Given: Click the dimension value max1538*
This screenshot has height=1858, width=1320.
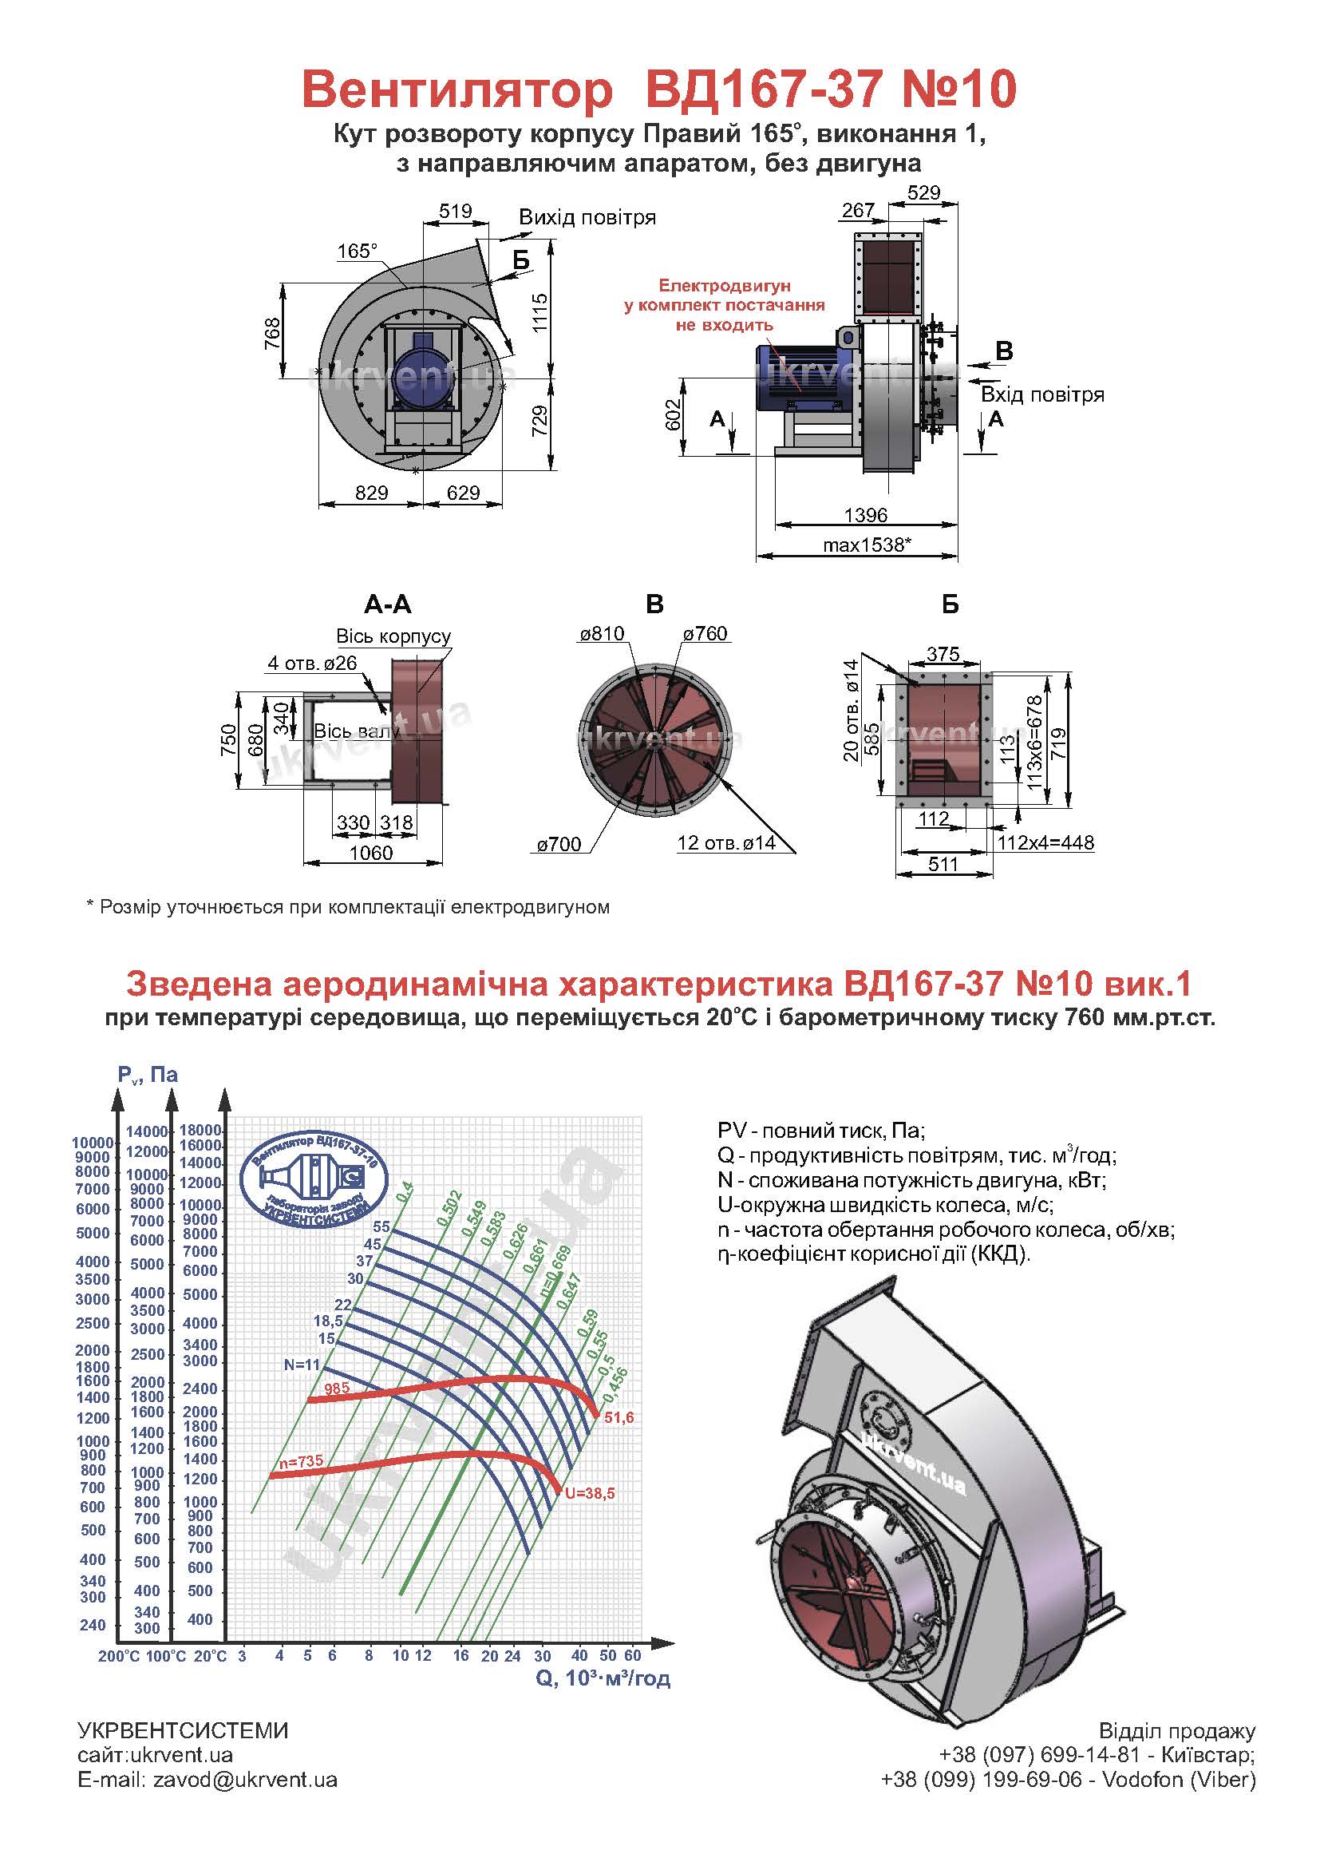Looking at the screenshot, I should click(x=867, y=545).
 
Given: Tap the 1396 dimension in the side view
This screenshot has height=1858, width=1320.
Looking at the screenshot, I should click(x=867, y=515).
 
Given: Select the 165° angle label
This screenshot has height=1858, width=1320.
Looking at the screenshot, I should click(x=358, y=252).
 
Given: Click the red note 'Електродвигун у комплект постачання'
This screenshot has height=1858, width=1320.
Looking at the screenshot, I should click(x=724, y=306).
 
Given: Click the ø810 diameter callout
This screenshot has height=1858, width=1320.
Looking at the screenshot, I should click(x=602, y=633).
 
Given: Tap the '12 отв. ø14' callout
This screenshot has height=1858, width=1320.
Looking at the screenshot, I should click(x=725, y=843).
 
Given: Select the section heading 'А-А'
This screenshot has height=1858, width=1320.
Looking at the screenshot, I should click(x=388, y=604).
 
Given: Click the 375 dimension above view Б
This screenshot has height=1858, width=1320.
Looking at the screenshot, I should click(x=943, y=654).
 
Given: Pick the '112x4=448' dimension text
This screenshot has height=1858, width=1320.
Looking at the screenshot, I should click(x=1046, y=842).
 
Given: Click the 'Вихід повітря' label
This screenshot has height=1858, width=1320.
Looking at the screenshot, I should click(x=587, y=218).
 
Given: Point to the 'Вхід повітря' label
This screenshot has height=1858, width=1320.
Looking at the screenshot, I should click(x=1042, y=395).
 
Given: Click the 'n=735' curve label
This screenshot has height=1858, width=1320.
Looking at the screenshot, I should click(x=302, y=1461).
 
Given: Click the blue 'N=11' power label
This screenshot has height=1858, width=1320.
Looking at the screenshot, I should click(x=302, y=1365).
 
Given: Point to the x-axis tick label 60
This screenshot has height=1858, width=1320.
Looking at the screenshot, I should click(x=633, y=1655).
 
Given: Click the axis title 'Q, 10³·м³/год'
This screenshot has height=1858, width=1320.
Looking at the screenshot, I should click(x=603, y=1678).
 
